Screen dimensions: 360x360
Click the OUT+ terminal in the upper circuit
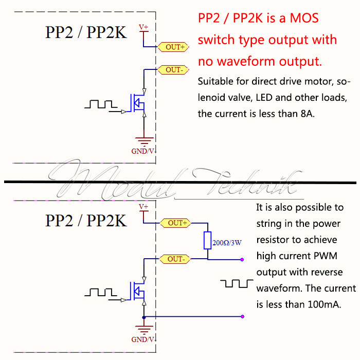pyautogui.click(x=173, y=47)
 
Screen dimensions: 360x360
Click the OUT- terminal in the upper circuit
pyautogui.click(x=173, y=69)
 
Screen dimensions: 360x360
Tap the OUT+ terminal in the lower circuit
pyautogui.click(x=176, y=223)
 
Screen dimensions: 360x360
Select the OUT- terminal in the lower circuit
pyautogui.click(x=175, y=259)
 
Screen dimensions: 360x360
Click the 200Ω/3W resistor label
pyautogui.click(x=227, y=243)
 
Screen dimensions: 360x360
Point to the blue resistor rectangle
pyautogui.click(x=208, y=240)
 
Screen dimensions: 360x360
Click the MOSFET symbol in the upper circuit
pyautogui.click(x=137, y=103)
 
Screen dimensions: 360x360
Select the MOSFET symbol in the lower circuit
pyautogui.click(x=137, y=291)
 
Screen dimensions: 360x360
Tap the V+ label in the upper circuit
pyautogui.click(x=143, y=27)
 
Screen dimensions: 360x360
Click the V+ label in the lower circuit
pyautogui.click(x=143, y=207)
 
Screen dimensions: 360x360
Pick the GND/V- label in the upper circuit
pyautogui.click(x=143, y=151)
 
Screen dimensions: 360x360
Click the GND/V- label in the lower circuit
pyautogui.click(x=143, y=339)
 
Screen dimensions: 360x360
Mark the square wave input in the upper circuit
pyautogui.click(x=101, y=104)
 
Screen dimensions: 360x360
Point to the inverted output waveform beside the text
pyautogui.click(x=237, y=283)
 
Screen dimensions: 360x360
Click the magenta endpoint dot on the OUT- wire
pyautogui.click(x=242, y=259)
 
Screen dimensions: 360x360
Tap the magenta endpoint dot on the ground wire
pyautogui.click(x=242, y=317)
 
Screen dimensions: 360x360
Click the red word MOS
pyautogui.click(x=304, y=18)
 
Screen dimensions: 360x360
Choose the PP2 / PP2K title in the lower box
pyautogui.click(x=86, y=221)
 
